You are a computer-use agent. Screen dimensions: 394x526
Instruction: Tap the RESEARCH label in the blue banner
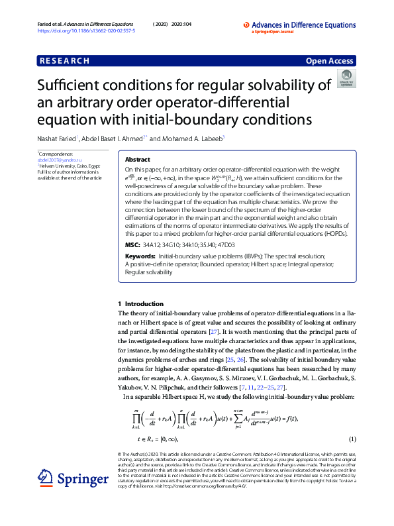64,61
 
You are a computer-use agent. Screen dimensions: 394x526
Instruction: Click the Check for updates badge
346,79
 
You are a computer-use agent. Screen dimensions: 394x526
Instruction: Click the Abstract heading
137,160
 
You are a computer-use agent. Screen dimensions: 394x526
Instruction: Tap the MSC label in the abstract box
132,244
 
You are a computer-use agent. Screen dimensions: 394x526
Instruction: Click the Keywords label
140,255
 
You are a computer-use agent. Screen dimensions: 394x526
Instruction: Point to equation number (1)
353,439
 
